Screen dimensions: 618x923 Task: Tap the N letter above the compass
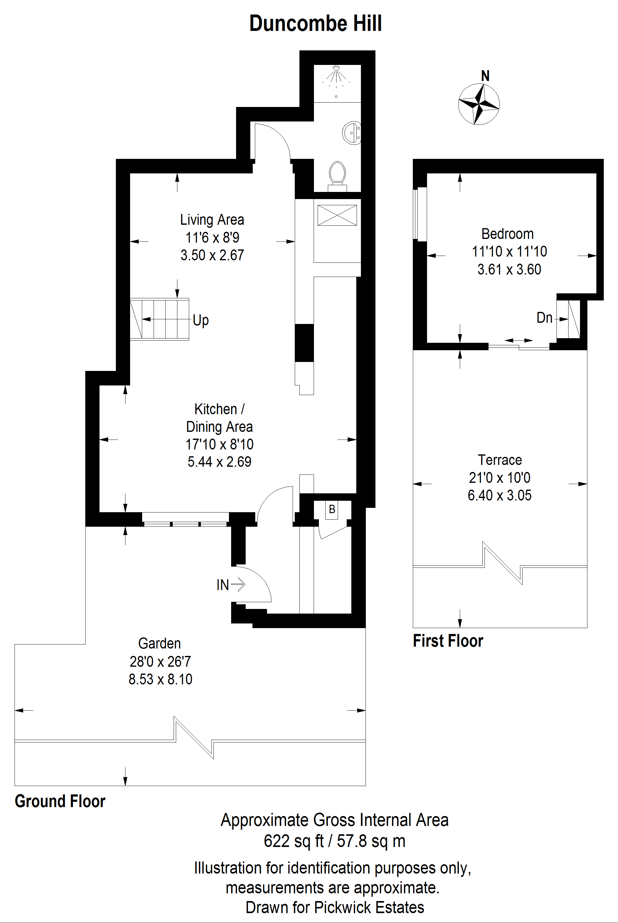pyautogui.click(x=485, y=76)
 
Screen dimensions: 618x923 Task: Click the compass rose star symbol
pyautogui.click(x=479, y=104)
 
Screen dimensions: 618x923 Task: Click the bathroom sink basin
pyautogui.click(x=352, y=133)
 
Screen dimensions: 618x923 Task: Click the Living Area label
pyautogui.click(x=212, y=219)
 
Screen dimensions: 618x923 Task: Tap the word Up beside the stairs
pyautogui.click(x=201, y=320)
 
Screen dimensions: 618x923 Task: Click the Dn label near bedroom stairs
pyautogui.click(x=544, y=318)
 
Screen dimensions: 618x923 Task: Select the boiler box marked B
pyautogui.click(x=332, y=509)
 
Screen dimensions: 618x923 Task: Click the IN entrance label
pyautogui.click(x=223, y=585)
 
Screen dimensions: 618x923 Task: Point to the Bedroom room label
pyautogui.click(x=508, y=234)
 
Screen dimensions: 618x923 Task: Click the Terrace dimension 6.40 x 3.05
pyautogui.click(x=499, y=495)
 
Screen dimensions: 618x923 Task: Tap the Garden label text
pyautogui.click(x=160, y=644)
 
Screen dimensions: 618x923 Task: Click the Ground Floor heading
pyautogui.click(x=60, y=801)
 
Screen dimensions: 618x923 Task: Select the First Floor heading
pyautogui.click(x=448, y=641)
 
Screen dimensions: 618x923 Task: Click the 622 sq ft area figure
pyautogui.click(x=294, y=841)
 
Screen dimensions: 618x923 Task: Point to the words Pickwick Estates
pyautogui.click(x=369, y=907)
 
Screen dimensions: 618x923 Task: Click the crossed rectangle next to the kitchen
pyautogui.click(x=337, y=215)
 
